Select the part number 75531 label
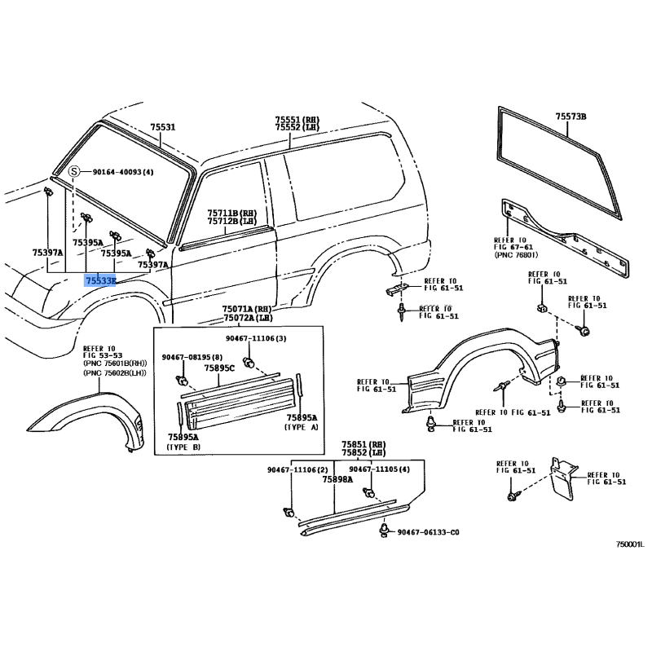click(163, 127)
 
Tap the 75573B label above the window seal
click(571, 117)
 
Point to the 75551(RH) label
click(297, 119)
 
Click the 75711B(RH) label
click(222, 211)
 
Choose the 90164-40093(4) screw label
click(122, 172)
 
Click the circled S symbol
click(74, 172)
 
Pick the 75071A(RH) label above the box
click(248, 310)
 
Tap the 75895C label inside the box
click(219, 368)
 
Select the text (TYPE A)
click(303, 427)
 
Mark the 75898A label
click(337, 480)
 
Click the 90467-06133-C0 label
click(428, 532)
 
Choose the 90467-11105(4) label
click(379, 469)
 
